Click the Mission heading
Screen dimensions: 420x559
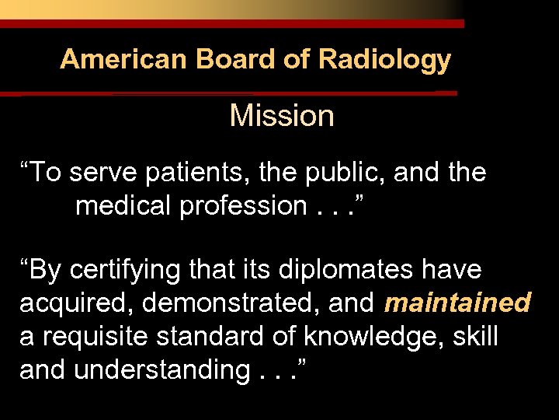click(282, 117)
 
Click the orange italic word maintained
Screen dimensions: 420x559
click(458, 303)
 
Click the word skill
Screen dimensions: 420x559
click(474, 336)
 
